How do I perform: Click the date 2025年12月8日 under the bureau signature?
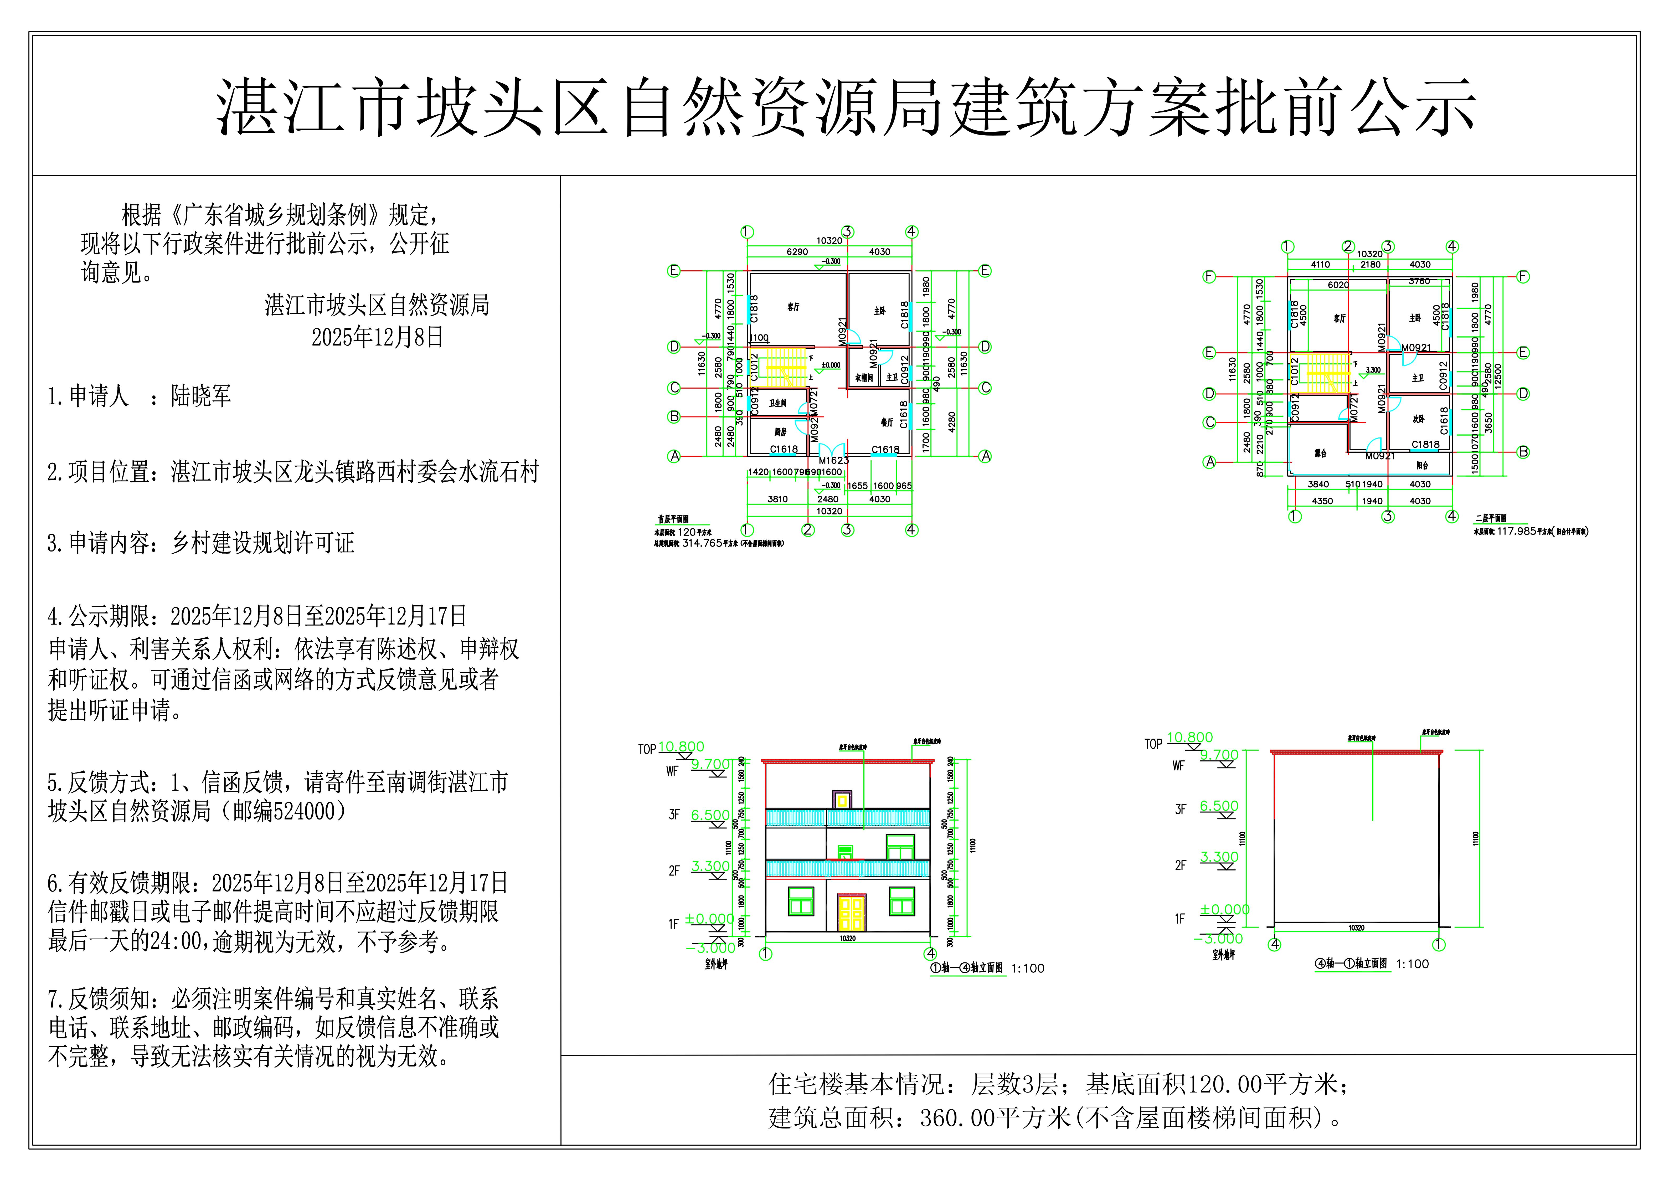377,337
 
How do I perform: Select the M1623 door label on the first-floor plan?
834,460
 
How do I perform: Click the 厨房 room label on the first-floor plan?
780,432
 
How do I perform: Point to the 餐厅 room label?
887,422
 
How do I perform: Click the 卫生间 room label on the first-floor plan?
778,403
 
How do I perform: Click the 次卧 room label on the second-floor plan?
1418,420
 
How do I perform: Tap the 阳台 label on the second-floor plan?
1423,465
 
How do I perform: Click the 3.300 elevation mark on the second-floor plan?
1372,370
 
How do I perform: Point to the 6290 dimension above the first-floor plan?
797,251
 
